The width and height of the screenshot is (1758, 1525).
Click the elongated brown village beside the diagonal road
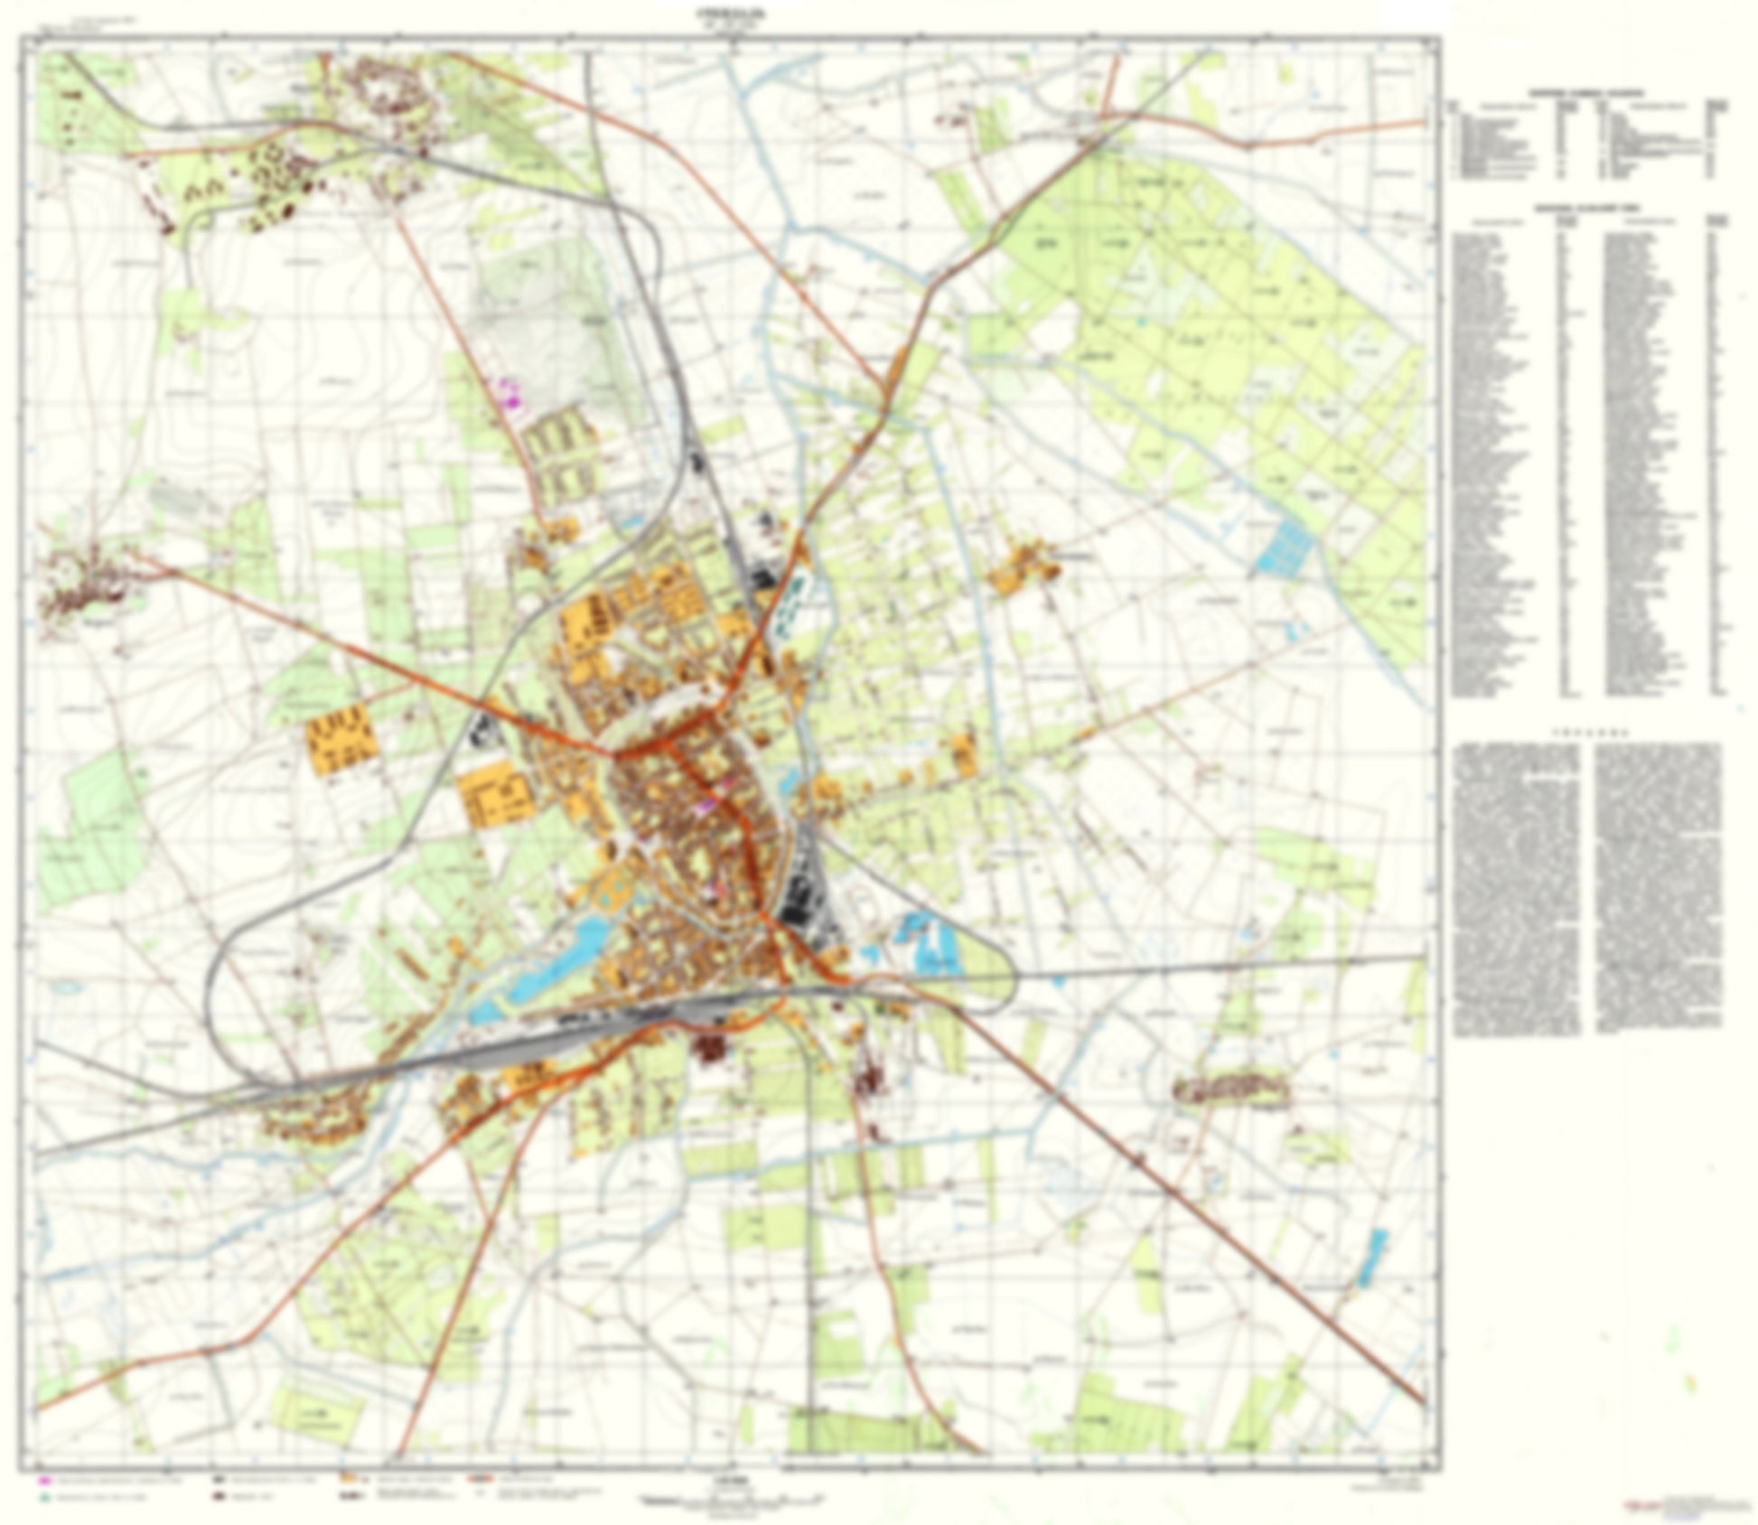pos(1233,1090)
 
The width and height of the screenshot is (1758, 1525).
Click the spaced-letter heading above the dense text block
pos(1589,730)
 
